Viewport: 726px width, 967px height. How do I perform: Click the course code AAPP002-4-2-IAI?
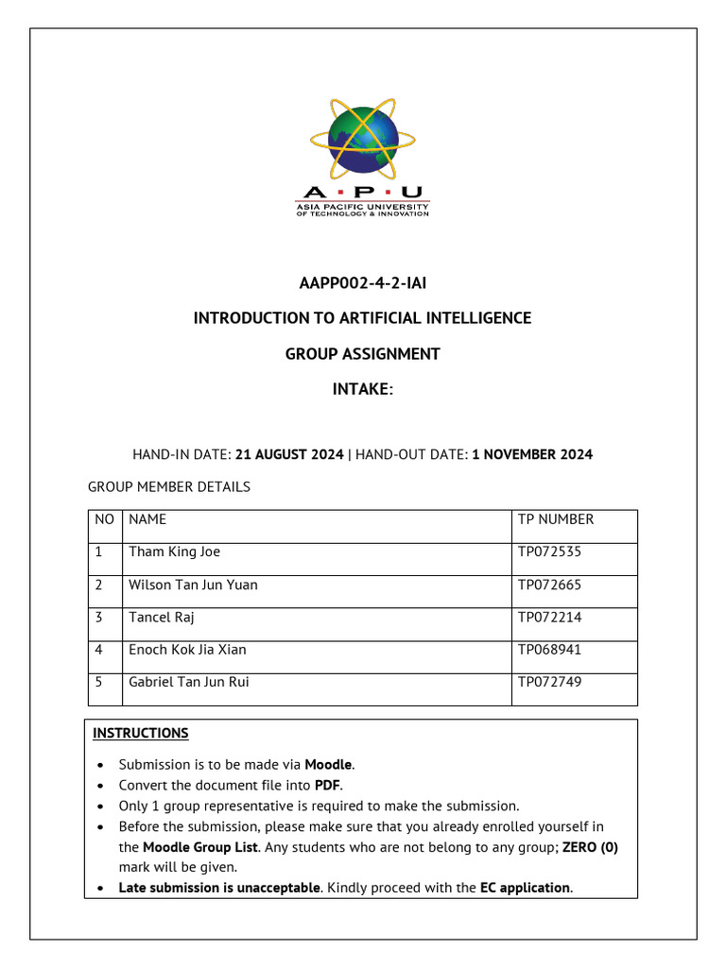click(362, 282)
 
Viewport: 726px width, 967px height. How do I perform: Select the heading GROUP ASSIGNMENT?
click(362, 354)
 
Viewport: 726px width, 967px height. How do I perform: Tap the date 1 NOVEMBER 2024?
click(532, 454)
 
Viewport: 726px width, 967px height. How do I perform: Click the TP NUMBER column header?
click(556, 519)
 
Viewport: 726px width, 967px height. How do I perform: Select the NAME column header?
click(147, 519)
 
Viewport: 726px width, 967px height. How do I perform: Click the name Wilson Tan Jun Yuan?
click(193, 585)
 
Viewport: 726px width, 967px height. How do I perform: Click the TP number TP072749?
click(549, 682)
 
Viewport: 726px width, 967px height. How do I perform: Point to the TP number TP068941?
click(549, 650)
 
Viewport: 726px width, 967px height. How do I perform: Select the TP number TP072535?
click(549, 551)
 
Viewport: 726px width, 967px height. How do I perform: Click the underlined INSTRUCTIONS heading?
click(141, 733)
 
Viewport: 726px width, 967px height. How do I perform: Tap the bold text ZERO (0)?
click(590, 847)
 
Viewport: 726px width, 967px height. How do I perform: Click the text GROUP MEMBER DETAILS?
click(169, 487)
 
